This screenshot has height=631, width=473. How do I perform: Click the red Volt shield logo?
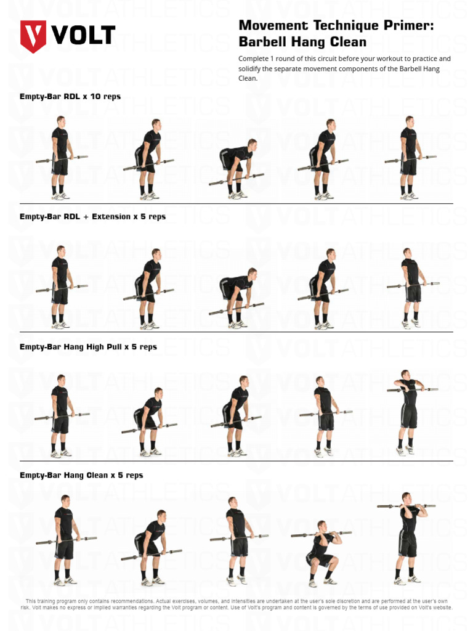coord(33,36)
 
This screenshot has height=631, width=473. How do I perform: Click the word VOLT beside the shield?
coord(84,35)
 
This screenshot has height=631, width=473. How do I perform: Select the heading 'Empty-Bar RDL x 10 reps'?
coord(70,97)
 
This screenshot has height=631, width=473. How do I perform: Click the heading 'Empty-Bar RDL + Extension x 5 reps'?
coord(92,217)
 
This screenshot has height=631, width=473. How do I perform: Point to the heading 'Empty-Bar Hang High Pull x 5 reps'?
coord(88,347)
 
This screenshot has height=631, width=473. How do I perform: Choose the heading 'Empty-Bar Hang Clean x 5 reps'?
coord(81,475)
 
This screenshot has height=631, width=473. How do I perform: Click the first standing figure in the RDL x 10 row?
coord(60,158)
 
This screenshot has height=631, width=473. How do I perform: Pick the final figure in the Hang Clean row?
coord(406,537)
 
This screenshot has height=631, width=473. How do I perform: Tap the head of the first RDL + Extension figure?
coord(60,250)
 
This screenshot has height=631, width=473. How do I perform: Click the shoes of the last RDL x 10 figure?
coord(409,196)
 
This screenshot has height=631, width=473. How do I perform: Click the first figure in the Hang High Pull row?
coord(60,416)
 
